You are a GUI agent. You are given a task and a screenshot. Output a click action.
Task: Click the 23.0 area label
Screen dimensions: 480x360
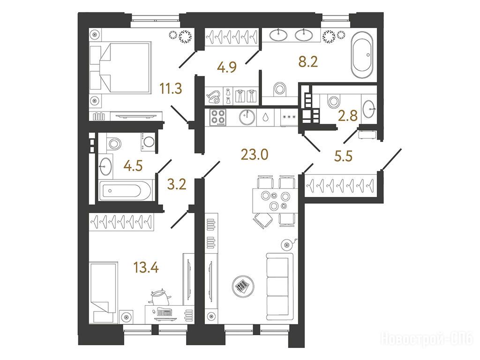255,155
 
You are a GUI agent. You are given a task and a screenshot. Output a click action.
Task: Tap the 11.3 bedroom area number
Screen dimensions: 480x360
171,89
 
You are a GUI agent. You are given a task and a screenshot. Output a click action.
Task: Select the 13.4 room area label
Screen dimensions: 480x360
146,268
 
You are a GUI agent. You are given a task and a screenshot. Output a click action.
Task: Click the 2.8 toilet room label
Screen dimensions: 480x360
348,116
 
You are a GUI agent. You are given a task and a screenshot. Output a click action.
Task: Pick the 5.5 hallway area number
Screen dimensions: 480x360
343,156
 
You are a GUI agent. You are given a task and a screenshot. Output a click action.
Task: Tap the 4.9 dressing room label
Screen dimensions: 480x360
227,67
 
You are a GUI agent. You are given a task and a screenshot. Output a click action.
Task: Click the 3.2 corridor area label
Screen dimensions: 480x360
177,184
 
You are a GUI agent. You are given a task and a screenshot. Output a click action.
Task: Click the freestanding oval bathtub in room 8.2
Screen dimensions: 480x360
362,55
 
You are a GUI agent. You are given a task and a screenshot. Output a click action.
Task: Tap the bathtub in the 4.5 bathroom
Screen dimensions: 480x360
125,190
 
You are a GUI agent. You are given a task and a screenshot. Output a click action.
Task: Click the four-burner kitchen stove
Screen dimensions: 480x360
217,117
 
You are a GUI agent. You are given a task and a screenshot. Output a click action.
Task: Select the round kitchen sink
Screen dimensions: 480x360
247,117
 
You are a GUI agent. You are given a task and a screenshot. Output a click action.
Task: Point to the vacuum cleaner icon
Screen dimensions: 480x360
214,97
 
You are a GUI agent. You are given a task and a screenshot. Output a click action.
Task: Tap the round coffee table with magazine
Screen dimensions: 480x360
243,286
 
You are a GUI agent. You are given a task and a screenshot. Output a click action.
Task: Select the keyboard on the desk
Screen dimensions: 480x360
165,312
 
